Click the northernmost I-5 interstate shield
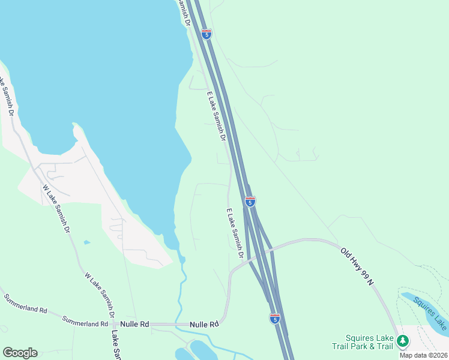click(x=206, y=34)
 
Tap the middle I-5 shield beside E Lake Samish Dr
click(x=250, y=202)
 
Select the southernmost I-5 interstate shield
click(x=274, y=319)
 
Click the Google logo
click(x=20, y=353)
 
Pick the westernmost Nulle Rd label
click(x=134, y=324)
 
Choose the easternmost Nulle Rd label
click(x=203, y=325)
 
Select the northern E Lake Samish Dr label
click(x=215, y=116)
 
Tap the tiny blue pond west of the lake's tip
click(x=88, y=242)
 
